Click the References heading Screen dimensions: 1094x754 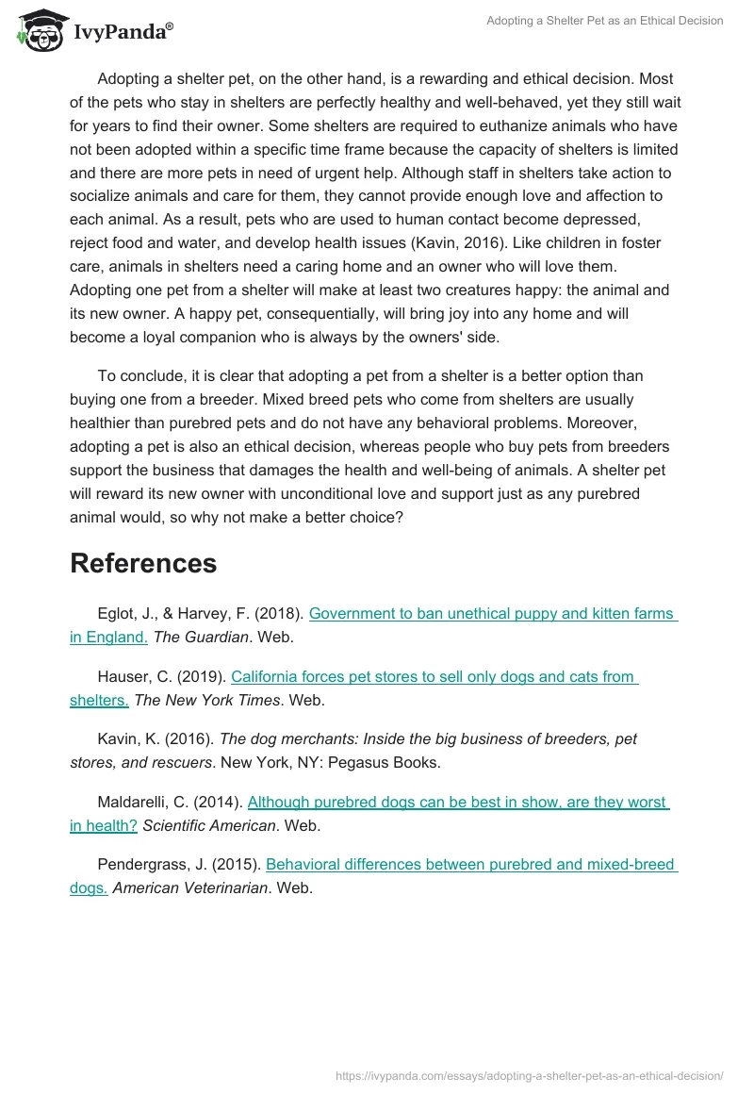click(143, 563)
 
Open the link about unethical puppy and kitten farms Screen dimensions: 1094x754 click(492, 614)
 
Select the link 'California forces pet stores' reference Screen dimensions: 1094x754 click(434, 677)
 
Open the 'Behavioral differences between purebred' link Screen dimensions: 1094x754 click(471, 865)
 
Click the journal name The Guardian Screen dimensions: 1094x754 click(201, 638)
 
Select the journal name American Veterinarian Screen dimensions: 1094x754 click(189, 888)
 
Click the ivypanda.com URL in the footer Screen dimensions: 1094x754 click(529, 1075)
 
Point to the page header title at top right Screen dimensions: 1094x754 click(604, 21)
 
